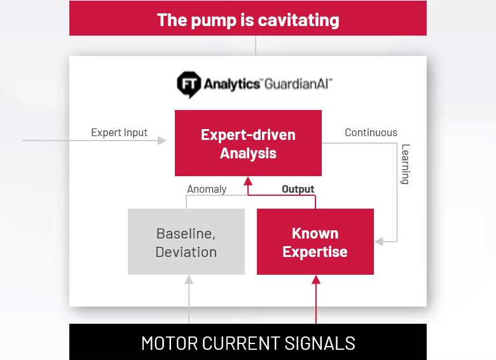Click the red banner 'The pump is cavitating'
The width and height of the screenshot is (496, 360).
[x=248, y=18]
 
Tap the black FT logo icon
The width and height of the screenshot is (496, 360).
[x=189, y=85]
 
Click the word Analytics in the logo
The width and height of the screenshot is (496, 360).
[x=231, y=85]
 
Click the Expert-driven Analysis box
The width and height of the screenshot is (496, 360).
[x=248, y=143]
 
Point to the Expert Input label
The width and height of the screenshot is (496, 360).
[x=120, y=132]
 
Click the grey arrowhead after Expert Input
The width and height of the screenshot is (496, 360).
[x=162, y=141]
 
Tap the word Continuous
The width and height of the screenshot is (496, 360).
[x=371, y=132]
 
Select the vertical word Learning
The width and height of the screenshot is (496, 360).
[x=405, y=164]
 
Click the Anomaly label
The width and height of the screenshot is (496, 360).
[x=207, y=189]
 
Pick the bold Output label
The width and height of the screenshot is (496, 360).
[x=298, y=189]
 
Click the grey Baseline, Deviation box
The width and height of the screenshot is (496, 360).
[x=186, y=242]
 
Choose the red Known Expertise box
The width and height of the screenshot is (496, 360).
[x=315, y=242]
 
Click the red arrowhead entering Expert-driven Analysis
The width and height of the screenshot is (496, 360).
[x=248, y=181]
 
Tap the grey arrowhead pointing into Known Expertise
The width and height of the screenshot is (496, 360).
[x=379, y=242]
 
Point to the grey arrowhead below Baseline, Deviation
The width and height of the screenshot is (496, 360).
[x=189, y=280]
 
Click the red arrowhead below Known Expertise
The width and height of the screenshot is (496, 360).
[x=316, y=280]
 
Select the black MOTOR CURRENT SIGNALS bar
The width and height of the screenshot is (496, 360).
[x=248, y=342]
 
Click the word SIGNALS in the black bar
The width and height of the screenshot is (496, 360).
[x=320, y=343]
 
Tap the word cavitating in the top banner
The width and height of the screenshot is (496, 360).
[x=299, y=20]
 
